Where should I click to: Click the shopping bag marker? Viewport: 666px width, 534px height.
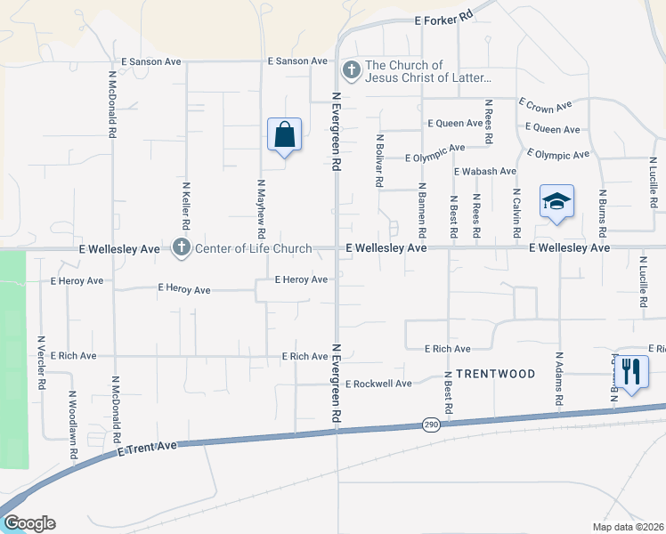284,136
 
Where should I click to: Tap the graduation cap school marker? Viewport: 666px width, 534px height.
556,201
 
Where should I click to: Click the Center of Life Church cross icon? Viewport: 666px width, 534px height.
182,247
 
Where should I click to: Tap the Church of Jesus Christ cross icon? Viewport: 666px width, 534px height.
352,69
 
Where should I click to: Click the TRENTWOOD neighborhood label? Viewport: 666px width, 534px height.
496,374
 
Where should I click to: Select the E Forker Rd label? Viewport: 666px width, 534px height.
443,20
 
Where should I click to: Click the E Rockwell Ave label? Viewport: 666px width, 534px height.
378,384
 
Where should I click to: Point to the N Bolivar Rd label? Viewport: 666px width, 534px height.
380,160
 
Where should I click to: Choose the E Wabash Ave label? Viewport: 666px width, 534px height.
484,171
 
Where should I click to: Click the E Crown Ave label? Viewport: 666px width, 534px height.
545,105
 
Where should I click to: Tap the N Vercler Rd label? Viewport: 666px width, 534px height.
41,362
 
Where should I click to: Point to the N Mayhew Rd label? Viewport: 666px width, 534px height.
262,207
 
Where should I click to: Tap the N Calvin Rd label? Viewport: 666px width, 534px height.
516,212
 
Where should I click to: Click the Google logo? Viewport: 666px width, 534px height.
29,523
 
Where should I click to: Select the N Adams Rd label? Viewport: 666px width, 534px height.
560,379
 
